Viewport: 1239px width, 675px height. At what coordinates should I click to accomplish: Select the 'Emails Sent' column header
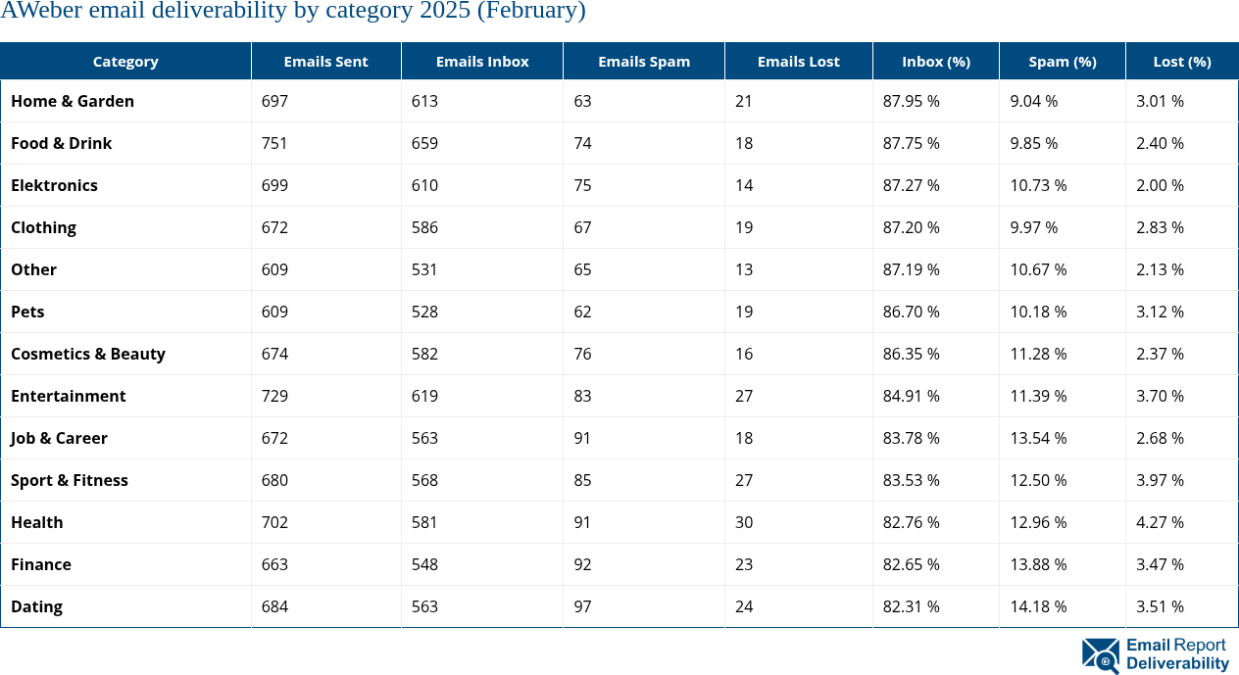[x=325, y=61]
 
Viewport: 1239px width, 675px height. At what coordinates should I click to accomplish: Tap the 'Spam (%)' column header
[x=1062, y=61]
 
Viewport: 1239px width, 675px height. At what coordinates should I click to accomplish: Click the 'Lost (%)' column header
[x=1181, y=61]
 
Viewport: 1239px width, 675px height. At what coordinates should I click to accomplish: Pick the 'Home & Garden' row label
[x=73, y=101]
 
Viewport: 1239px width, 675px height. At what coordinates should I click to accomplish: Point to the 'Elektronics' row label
[x=54, y=185]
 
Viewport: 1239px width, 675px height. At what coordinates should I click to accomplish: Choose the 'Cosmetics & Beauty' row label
[x=88, y=354]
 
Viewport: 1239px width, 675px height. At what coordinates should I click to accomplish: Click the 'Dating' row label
[x=36, y=606]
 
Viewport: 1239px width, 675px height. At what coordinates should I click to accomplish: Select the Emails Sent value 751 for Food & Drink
[x=274, y=143]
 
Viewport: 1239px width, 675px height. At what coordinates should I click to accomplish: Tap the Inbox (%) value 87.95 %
[x=911, y=101]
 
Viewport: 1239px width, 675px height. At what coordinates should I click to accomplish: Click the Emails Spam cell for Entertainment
[x=582, y=396]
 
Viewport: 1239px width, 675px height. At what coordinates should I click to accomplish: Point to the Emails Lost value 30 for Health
[x=744, y=522]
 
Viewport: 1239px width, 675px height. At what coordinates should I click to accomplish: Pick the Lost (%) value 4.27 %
[x=1160, y=522]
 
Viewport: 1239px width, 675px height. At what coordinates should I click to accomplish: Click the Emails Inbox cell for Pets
[x=424, y=312]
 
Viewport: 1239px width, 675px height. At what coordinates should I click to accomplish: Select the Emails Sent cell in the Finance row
[x=274, y=564]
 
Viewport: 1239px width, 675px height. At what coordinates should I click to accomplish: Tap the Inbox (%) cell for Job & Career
[x=911, y=438]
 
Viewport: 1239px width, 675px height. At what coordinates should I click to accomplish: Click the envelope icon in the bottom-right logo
[x=1100, y=655]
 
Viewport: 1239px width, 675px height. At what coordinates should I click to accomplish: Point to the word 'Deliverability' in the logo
[x=1176, y=663]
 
